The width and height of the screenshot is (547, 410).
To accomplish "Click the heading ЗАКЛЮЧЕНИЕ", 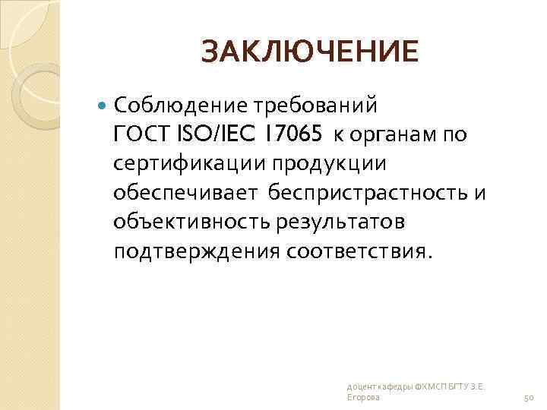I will (310, 52).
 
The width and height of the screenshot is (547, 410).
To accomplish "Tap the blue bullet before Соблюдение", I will (103, 103).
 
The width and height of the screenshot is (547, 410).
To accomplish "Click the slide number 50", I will (530, 397).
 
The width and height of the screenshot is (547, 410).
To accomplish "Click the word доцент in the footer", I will (358, 386).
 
